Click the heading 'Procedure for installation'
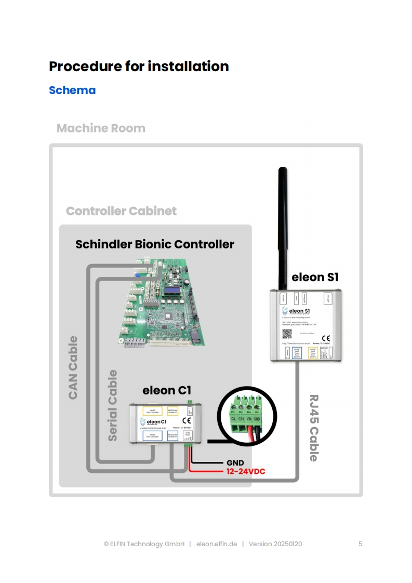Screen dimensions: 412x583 pyautogui.click(x=139, y=67)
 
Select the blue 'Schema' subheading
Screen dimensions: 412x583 pyautogui.click(x=72, y=90)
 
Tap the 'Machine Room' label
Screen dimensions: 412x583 pyautogui.click(x=101, y=128)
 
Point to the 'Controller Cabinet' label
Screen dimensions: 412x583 pyautogui.click(x=121, y=211)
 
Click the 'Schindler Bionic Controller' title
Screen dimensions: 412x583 pyautogui.click(x=155, y=244)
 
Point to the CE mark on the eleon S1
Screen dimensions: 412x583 pyautogui.click(x=326, y=338)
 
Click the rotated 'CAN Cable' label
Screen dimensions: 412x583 pyautogui.click(x=73, y=367)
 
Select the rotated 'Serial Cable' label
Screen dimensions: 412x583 pyautogui.click(x=112, y=405)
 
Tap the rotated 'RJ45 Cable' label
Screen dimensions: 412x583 pyautogui.click(x=313, y=427)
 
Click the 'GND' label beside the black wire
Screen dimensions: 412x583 pyautogui.click(x=235, y=463)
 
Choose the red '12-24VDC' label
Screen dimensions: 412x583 pyautogui.click(x=246, y=472)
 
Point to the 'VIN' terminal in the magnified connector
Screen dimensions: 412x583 pyautogui.click(x=249, y=418)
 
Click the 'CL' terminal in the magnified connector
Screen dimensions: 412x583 pyautogui.click(x=234, y=418)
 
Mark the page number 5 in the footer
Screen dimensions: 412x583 pyautogui.click(x=360, y=544)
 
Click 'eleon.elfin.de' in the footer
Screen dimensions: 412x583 pyautogui.click(x=217, y=544)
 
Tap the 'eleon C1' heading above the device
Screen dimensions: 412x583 pyautogui.click(x=166, y=391)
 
